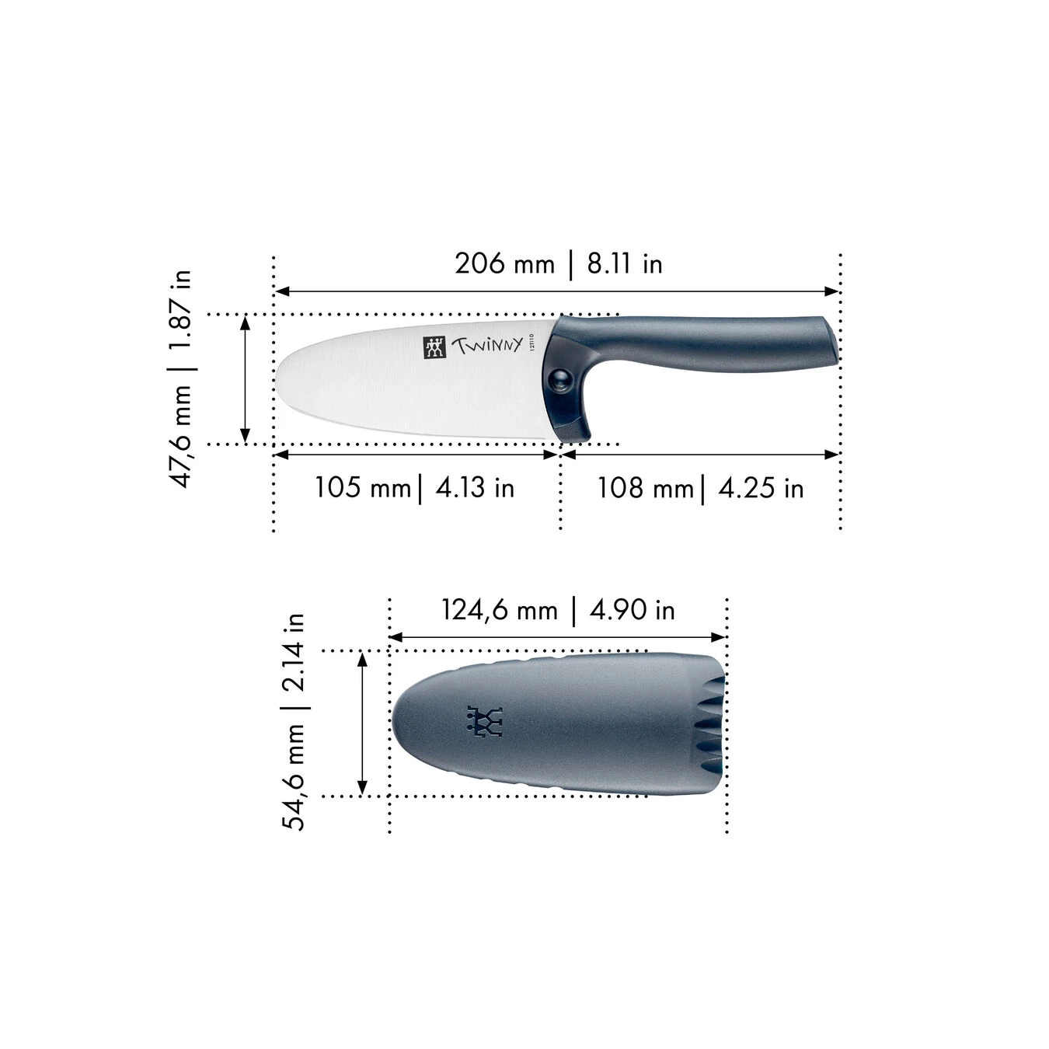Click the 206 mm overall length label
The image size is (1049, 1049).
click(x=504, y=264)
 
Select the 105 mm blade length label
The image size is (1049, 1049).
click(x=362, y=488)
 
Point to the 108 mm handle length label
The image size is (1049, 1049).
click(x=645, y=488)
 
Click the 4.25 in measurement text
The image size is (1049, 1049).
click(x=761, y=488)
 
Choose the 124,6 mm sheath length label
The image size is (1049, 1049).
click(x=500, y=610)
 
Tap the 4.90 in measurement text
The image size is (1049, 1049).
click(x=633, y=610)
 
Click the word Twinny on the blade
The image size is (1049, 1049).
click(x=487, y=346)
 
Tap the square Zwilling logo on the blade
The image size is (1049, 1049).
click(x=434, y=347)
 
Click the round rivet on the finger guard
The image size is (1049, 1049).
click(x=558, y=379)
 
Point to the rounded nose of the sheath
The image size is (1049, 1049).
click(x=398, y=719)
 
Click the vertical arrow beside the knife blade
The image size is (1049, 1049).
click(x=246, y=379)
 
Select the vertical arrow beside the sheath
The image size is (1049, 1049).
click(x=361, y=723)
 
